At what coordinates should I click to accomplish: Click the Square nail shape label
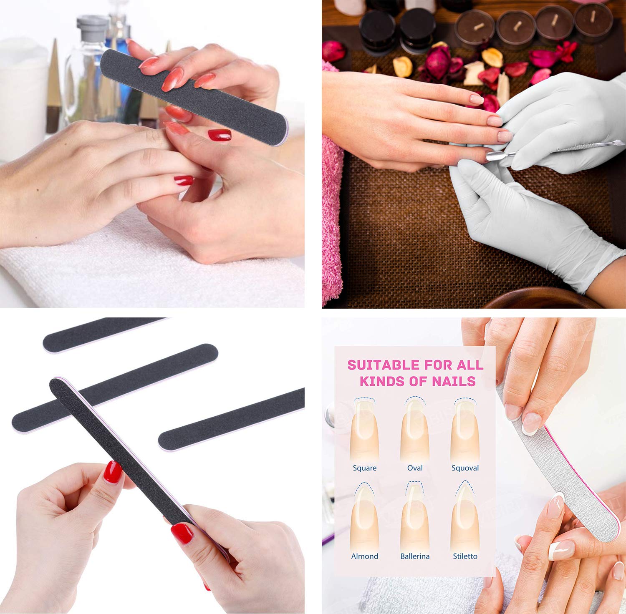pyautogui.click(x=364, y=468)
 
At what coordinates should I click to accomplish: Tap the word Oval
pyautogui.click(x=415, y=468)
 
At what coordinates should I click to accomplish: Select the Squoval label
pyautogui.click(x=465, y=468)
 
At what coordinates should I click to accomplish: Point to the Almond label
pyautogui.click(x=364, y=556)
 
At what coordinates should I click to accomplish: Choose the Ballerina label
pyautogui.click(x=415, y=556)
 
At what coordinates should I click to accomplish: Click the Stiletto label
pyautogui.click(x=465, y=556)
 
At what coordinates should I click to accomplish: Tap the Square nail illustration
pyautogui.click(x=364, y=430)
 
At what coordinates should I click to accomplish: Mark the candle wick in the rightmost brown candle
pyautogui.click(x=593, y=16)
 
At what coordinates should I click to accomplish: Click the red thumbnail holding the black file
pyautogui.click(x=113, y=472)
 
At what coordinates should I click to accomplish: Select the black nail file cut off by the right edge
pyautogui.click(x=232, y=419)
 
